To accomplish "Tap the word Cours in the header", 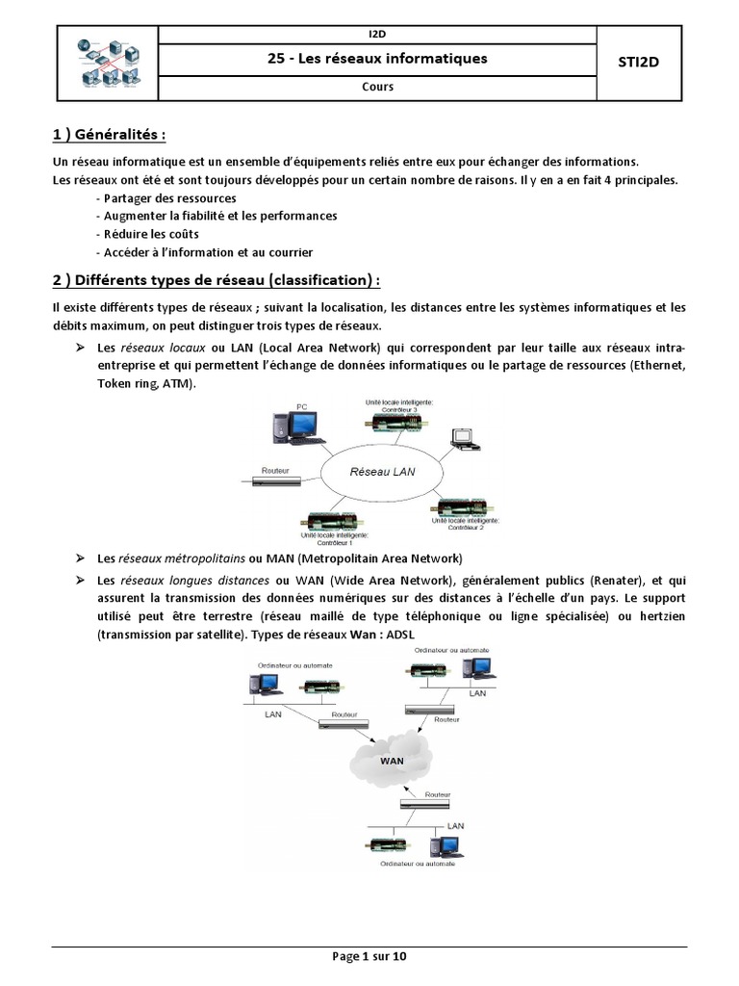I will coord(377,87).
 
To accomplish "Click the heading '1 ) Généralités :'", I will coord(115,133).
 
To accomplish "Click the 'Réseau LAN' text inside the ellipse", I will coord(382,472).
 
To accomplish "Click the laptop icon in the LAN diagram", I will coord(466,438).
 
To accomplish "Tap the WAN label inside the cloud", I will coord(392,759).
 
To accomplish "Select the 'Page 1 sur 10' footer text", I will coord(369,956).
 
